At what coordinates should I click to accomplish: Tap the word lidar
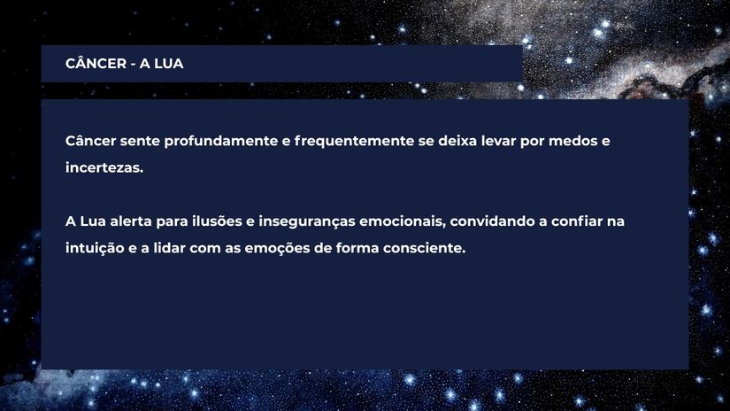pos(170,248)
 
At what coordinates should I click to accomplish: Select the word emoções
pos(276,248)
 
